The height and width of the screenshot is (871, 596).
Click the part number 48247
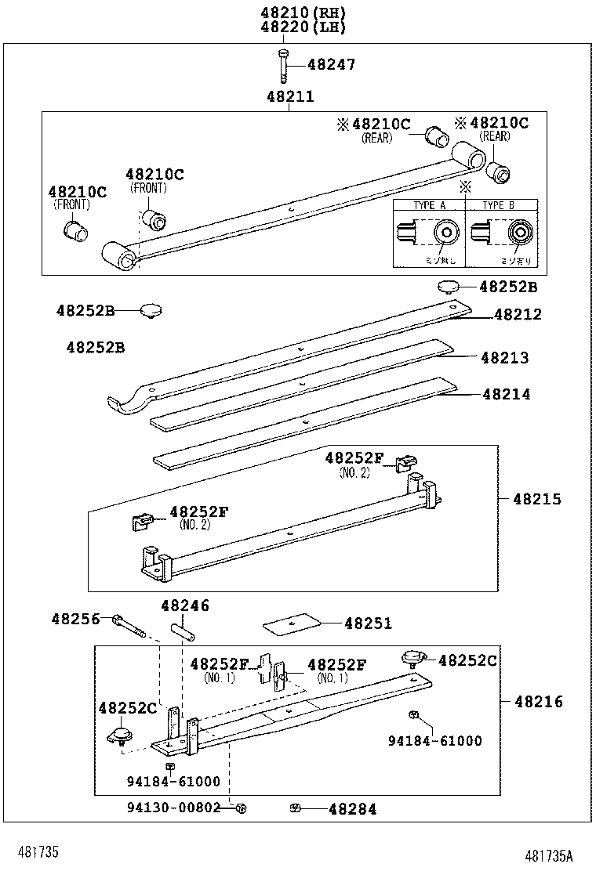[x=331, y=65]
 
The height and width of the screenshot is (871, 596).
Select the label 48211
[x=289, y=97]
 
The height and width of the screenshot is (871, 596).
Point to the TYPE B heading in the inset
[x=498, y=205]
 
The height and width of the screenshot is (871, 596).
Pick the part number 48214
[x=506, y=395]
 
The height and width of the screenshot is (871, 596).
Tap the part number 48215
[x=537, y=499]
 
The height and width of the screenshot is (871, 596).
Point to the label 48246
[x=185, y=605]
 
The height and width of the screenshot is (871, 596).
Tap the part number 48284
[x=352, y=809]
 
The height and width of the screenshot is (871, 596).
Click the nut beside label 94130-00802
[x=242, y=808]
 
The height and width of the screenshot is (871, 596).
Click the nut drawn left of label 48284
[x=296, y=808]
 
